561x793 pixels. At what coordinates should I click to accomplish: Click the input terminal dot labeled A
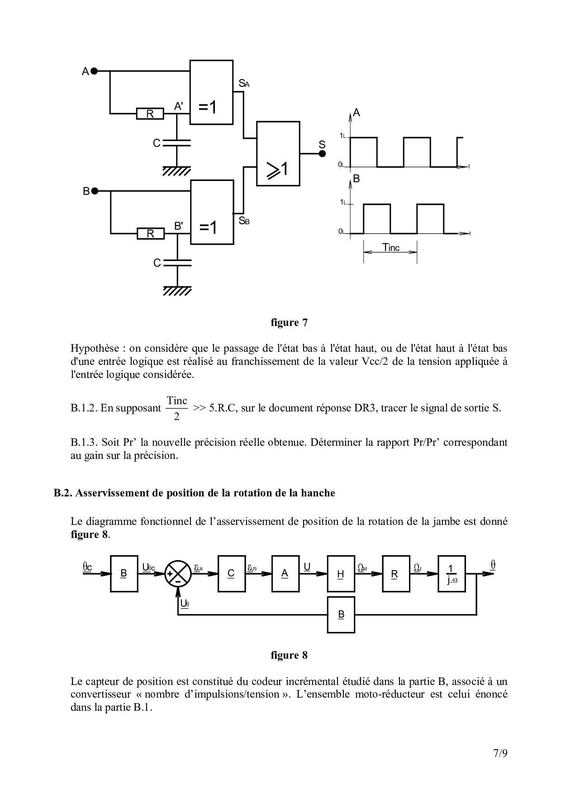coord(95,71)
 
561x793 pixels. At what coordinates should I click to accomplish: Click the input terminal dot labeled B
coord(95,191)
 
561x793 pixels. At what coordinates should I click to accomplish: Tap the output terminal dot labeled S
coord(322,154)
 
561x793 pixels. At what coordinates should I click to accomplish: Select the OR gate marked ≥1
coord(278,154)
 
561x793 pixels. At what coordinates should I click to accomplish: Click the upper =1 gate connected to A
coord(211,92)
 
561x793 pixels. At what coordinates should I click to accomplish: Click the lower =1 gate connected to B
coord(212,212)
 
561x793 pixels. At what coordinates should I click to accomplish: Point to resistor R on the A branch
coord(150,114)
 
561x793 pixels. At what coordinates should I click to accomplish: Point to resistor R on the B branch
coord(150,234)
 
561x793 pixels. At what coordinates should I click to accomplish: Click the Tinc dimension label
coord(391,247)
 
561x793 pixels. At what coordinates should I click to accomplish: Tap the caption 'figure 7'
coord(289,323)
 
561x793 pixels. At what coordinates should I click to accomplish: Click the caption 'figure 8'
coord(289,655)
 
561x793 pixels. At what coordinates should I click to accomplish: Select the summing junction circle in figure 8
coord(177,574)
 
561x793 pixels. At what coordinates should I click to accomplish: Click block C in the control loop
coord(231,574)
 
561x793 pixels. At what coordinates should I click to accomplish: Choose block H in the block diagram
coord(341,574)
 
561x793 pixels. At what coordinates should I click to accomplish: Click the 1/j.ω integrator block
coord(452,574)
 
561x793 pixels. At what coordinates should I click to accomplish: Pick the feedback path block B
coord(341,614)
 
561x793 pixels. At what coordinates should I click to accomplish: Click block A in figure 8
coord(285,574)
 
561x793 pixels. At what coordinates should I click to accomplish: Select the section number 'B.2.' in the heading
coord(63,493)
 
